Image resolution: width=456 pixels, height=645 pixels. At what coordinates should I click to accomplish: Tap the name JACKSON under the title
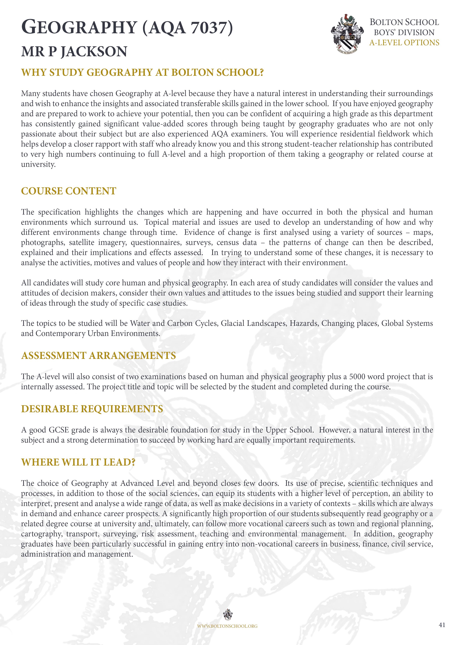pos(94,52)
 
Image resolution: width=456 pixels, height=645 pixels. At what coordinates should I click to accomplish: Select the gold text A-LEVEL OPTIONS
pos(404,43)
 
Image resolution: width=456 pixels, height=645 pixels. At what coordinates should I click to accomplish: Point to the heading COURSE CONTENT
pos(69,191)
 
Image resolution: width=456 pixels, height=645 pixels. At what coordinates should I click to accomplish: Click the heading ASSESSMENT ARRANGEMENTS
pos(98,356)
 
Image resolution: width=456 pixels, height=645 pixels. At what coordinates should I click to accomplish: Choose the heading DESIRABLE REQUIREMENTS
pos(92,409)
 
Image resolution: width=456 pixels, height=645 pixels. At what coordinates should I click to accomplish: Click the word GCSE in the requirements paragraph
pos(59,430)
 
